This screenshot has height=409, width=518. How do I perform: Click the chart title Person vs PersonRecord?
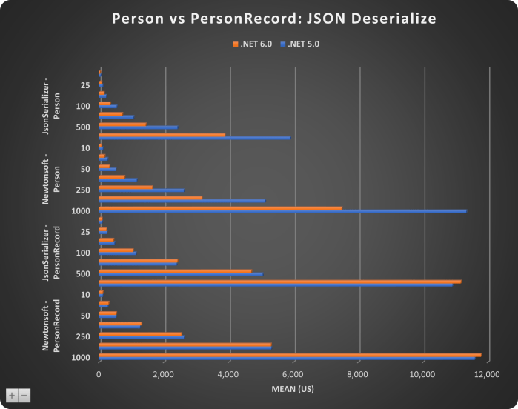[259, 18]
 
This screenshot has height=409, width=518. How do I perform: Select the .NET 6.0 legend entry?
[253, 44]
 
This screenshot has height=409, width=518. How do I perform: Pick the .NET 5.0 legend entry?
[299, 44]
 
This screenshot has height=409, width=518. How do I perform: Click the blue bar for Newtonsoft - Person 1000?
[282, 211]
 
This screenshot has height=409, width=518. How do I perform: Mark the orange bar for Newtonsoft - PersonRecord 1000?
[290, 355]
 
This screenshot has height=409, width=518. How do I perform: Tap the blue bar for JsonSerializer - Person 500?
[138, 127]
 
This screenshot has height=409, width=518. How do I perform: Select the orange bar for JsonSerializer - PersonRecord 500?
[175, 271]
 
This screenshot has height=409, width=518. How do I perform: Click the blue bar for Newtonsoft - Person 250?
[141, 190]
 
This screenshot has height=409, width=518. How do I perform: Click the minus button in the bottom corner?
[24, 396]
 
